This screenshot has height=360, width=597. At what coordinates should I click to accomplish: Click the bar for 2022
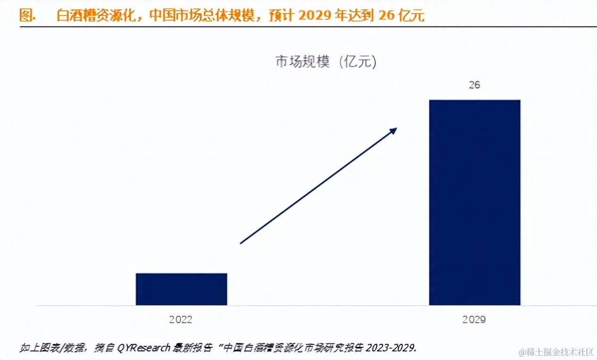click(182, 289)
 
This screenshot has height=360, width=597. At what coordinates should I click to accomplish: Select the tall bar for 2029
click(474, 203)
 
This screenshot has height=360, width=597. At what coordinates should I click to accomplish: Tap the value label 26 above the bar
click(474, 85)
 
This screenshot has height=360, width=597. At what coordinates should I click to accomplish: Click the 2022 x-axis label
click(181, 319)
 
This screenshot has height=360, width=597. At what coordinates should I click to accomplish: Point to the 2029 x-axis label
click(474, 319)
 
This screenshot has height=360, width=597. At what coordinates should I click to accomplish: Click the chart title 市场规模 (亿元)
click(326, 62)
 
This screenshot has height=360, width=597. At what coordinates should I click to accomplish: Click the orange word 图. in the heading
click(28, 16)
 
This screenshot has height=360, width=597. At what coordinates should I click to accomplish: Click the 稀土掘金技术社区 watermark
click(559, 352)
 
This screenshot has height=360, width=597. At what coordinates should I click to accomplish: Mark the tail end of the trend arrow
click(241, 243)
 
